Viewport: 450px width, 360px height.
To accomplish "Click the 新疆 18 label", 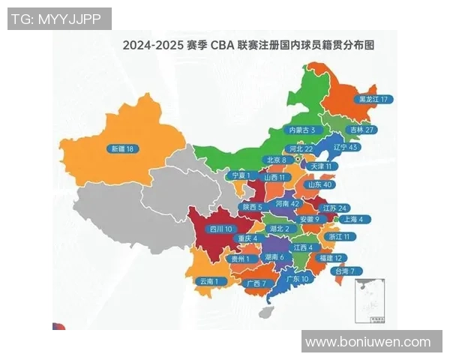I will pos(122,149).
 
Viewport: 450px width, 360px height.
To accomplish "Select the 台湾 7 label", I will pos(349,271).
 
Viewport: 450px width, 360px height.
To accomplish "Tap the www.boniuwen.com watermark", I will pos(368,342).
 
